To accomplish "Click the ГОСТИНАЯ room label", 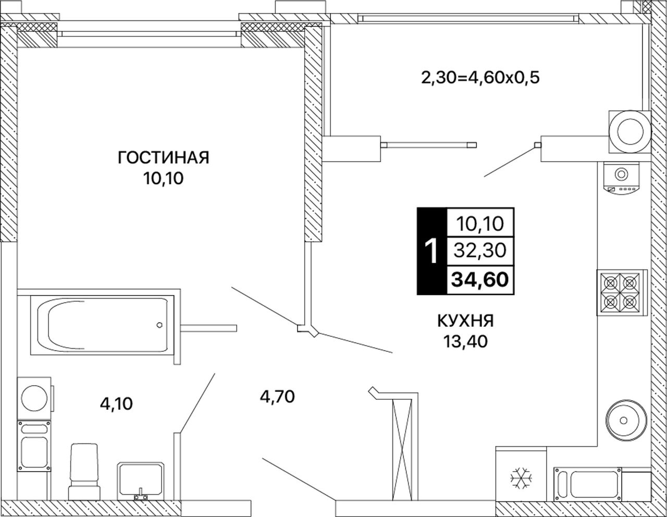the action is [163, 157].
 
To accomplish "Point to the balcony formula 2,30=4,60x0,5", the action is [480, 78].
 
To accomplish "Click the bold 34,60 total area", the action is [480, 279].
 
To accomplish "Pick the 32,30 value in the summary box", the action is [480, 250].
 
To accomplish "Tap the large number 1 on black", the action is [432, 251].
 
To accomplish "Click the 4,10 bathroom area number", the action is [116, 404].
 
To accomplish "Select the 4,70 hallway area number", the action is [277, 396].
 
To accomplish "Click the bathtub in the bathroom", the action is [102, 325].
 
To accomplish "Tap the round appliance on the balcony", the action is [630, 132].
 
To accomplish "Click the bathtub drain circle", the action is [159, 325].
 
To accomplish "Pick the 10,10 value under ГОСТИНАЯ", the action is [163, 178].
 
